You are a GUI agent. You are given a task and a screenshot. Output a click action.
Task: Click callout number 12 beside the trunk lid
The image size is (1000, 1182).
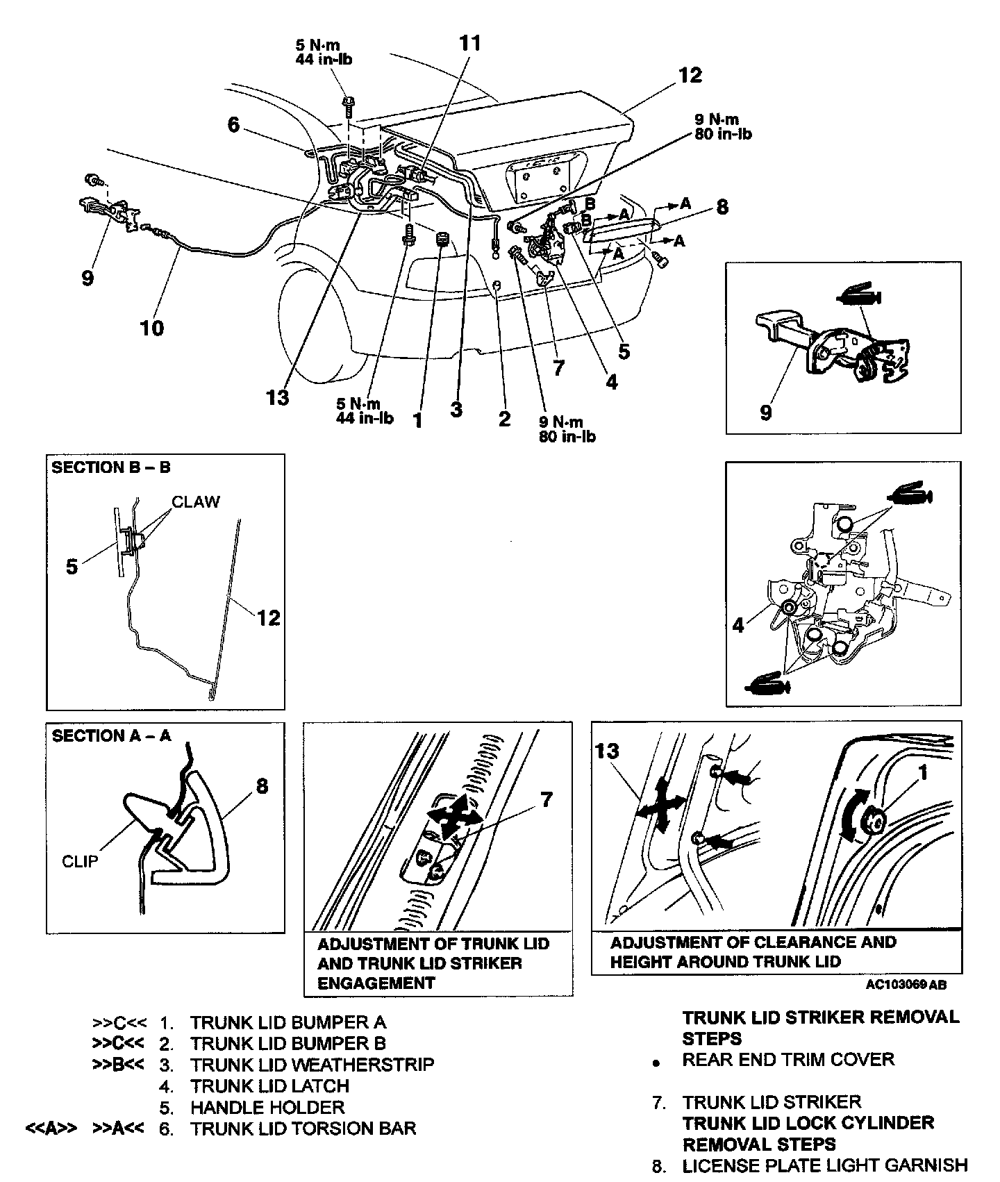tap(690, 75)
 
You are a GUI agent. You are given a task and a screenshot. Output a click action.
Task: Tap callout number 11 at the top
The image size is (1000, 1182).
tap(469, 43)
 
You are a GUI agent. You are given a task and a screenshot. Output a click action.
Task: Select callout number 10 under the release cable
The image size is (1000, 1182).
tap(152, 327)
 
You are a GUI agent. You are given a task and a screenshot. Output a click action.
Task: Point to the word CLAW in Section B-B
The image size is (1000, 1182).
tap(196, 501)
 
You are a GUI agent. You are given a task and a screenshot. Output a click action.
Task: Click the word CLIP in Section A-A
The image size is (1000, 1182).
tap(80, 861)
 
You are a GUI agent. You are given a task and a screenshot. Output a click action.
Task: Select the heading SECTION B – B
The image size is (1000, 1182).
tap(110, 467)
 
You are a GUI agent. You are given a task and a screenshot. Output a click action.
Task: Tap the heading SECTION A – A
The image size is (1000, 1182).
tap(111, 736)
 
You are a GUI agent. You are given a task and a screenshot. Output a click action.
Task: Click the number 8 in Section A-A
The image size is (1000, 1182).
tap(262, 786)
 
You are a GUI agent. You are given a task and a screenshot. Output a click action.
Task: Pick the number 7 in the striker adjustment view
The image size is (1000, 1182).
tap(547, 800)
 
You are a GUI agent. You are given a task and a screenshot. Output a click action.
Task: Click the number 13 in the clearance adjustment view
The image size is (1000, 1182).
tap(607, 751)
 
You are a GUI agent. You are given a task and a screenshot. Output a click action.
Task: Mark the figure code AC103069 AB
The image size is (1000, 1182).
tap(906, 985)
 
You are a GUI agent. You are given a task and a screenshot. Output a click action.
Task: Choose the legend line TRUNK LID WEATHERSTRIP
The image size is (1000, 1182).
tap(312, 1064)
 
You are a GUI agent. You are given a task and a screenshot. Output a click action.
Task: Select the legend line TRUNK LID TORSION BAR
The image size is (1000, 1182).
tap(303, 1128)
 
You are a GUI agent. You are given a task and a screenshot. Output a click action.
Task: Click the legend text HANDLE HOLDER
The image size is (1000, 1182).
tap(267, 1107)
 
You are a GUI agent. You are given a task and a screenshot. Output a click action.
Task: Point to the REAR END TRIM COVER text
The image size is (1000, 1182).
tap(788, 1059)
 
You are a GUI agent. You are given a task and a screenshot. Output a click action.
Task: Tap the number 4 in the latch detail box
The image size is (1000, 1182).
tap(738, 625)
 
